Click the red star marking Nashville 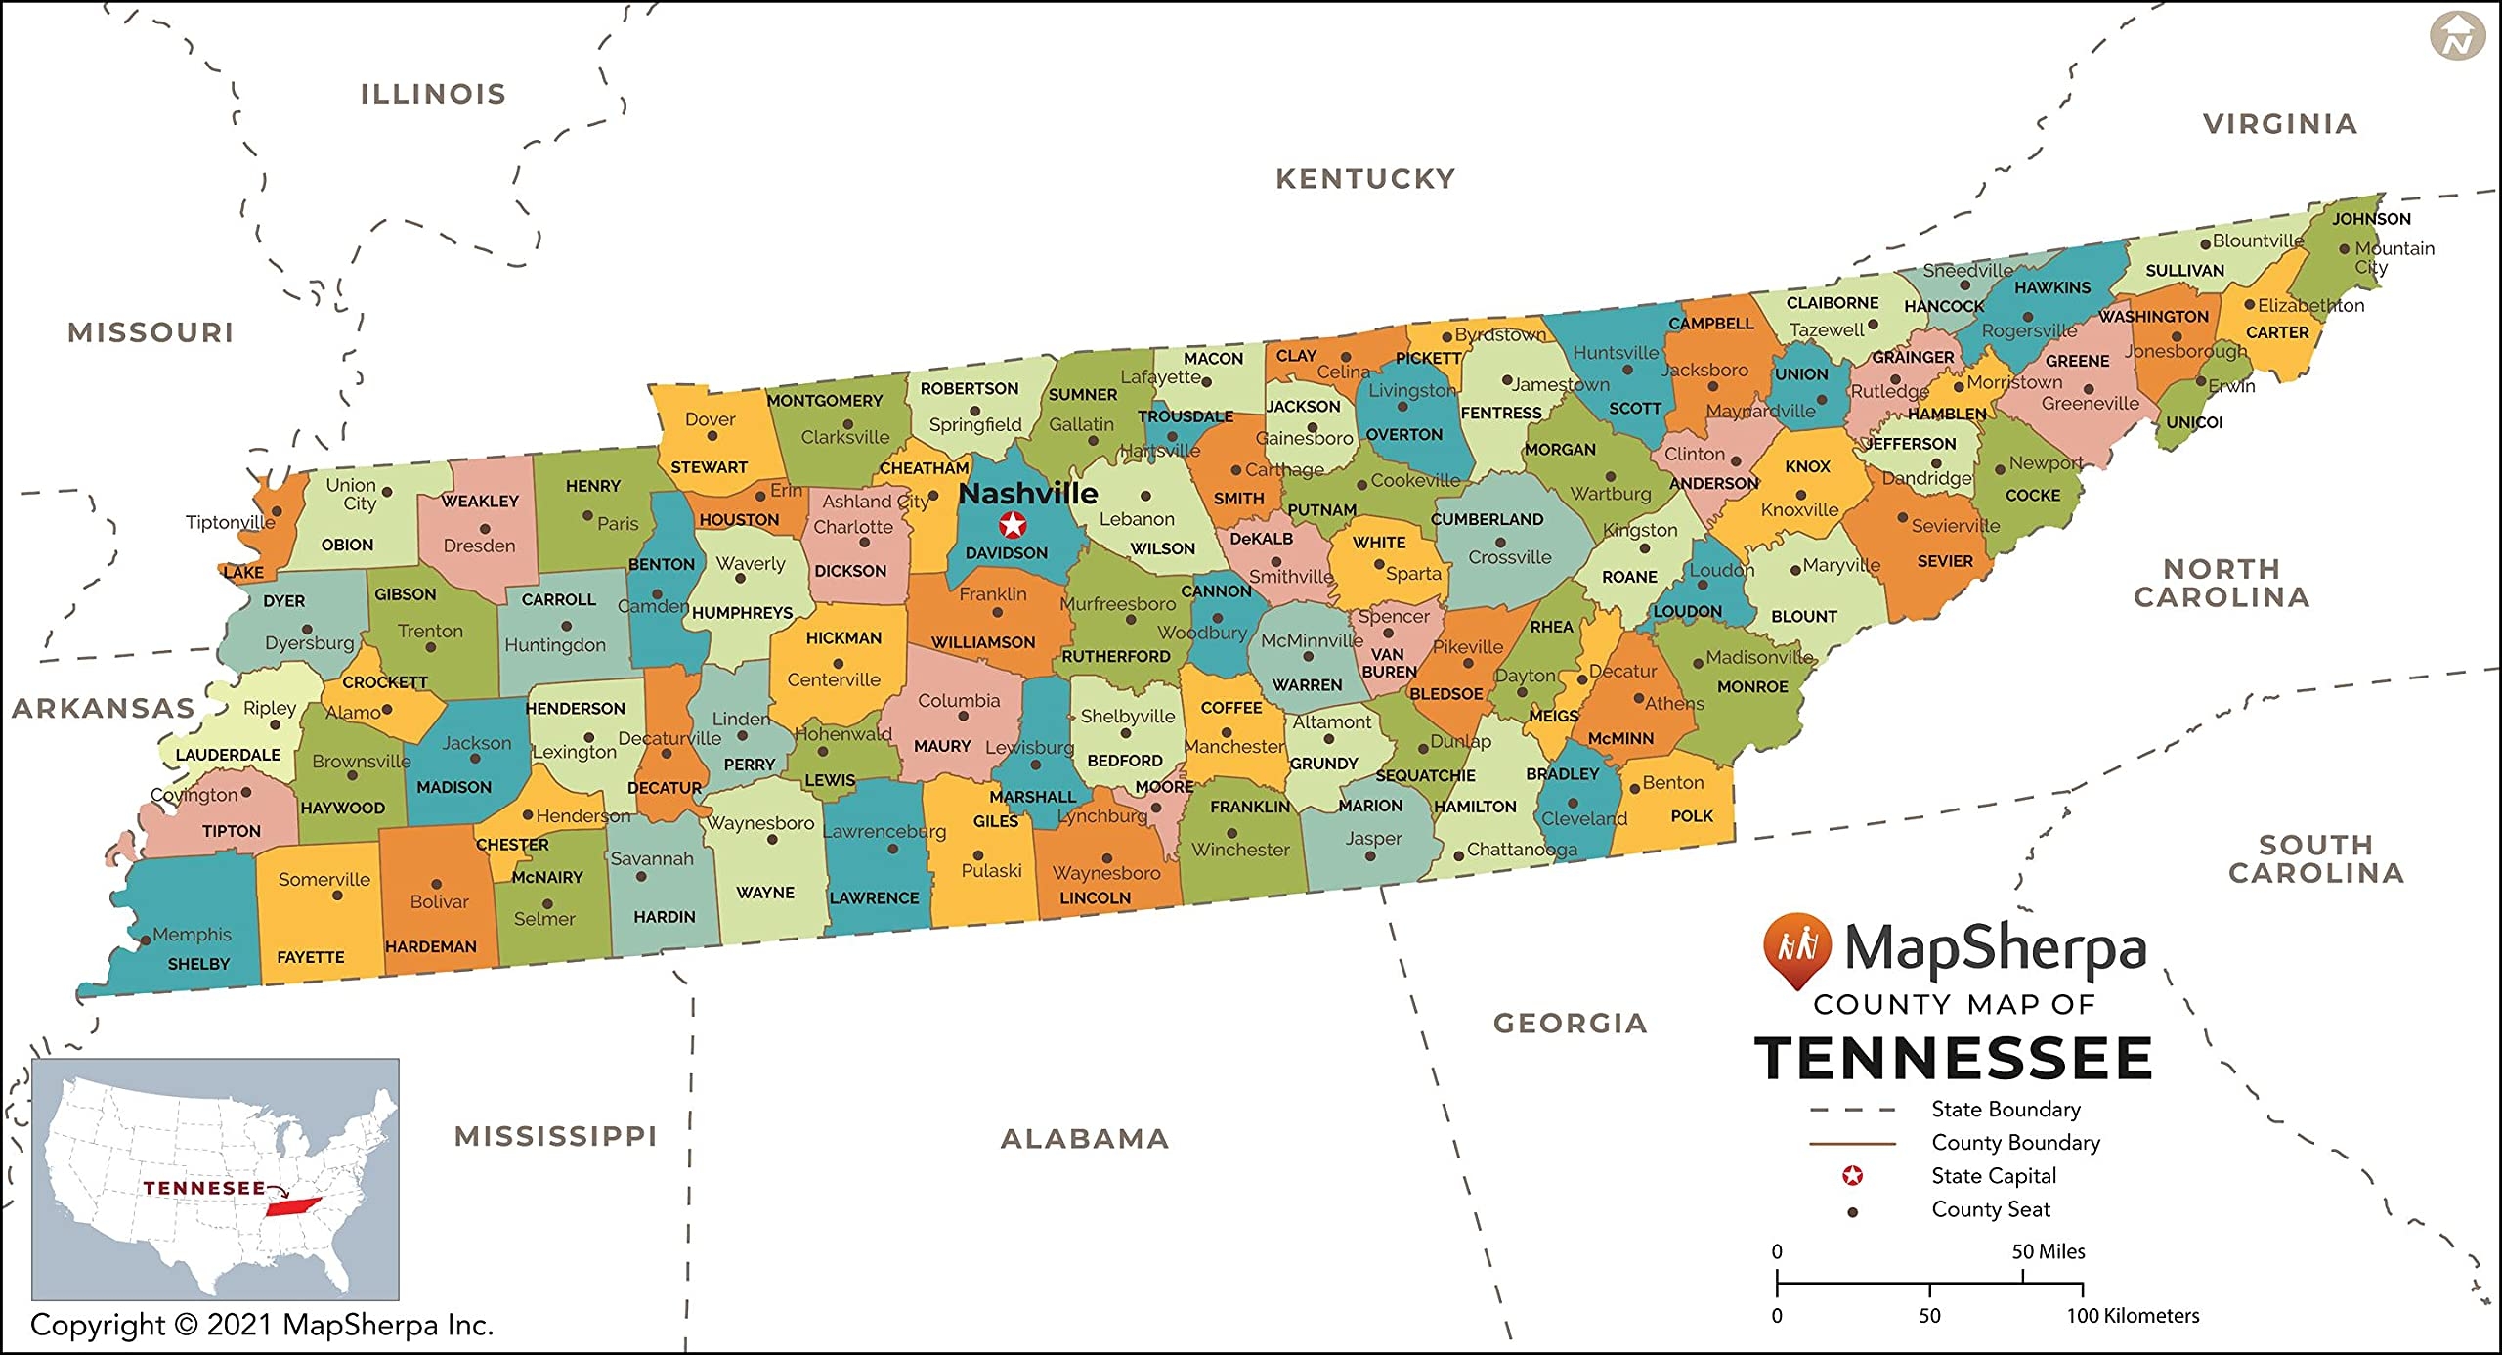[x=1013, y=525]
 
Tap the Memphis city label [x=192, y=935]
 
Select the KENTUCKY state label [x=1365, y=179]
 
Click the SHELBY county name [x=198, y=964]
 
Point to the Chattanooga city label [x=1521, y=850]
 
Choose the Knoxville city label [x=1799, y=509]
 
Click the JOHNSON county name [x=2371, y=219]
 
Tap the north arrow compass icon [x=2457, y=37]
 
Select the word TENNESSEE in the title [x=1953, y=1059]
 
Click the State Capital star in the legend [x=1852, y=1176]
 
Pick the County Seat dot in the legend [x=1852, y=1212]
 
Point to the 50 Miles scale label [x=2048, y=1251]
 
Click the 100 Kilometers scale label [x=2132, y=1316]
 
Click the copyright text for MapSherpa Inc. [x=262, y=1325]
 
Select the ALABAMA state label [x=1085, y=1139]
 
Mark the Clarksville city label [x=845, y=437]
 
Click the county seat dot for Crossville [x=1500, y=542]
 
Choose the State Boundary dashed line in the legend [x=1852, y=1110]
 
